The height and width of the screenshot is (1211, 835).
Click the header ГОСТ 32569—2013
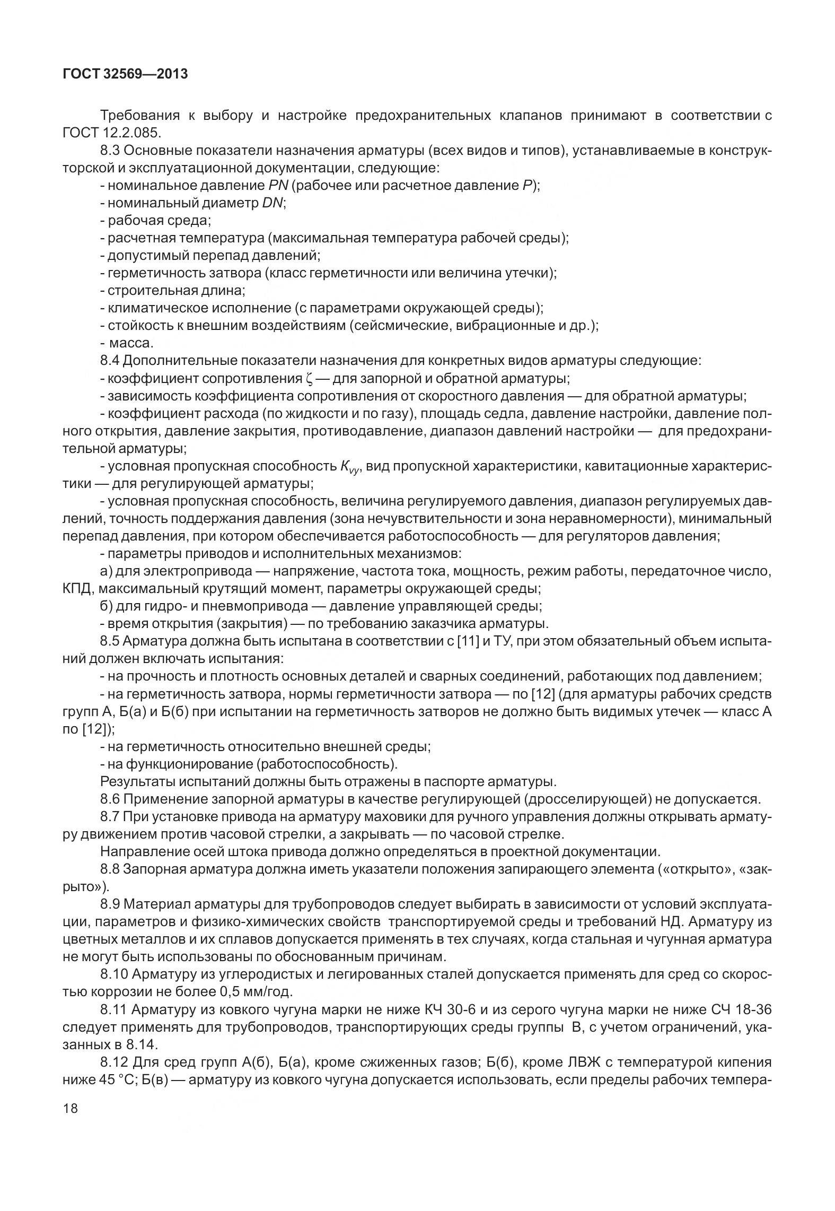pos(125,74)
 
